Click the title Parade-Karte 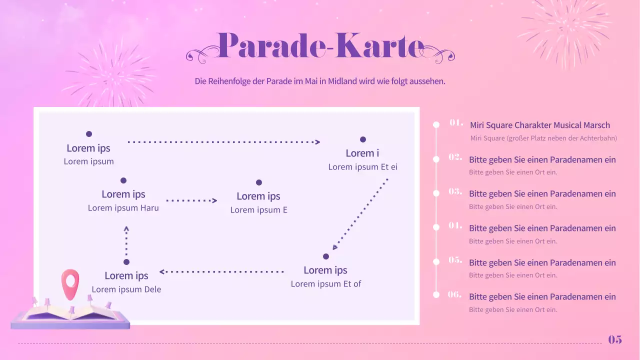320,46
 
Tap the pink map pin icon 70,283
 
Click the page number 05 615,340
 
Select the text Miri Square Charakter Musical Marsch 540,125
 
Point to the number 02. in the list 455,157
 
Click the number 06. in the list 454,294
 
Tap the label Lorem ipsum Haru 123,207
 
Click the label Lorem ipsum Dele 126,289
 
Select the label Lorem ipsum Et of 326,283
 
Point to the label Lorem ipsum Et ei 363,166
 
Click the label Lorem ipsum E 259,209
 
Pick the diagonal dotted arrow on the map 360,214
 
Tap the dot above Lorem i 363,139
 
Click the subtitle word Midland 342,81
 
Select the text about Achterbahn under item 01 543,138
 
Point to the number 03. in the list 455,191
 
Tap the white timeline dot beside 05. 436,261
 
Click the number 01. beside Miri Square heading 456,122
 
